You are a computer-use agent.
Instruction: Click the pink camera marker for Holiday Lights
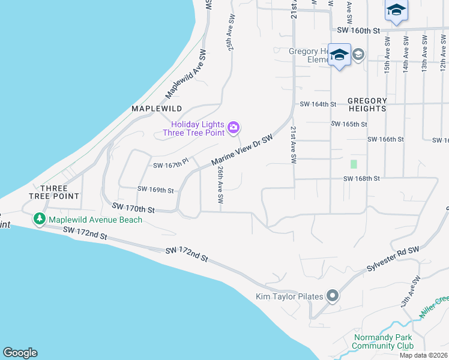click(x=234, y=127)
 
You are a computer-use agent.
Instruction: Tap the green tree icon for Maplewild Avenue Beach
click(x=40, y=220)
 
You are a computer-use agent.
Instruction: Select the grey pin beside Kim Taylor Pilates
click(x=333, y=296)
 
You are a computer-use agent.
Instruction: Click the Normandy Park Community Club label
click(x=383, y=341)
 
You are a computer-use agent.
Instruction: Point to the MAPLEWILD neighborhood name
click(x=157, y=109)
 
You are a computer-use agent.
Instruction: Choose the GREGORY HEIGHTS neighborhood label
click(x=367, y=104)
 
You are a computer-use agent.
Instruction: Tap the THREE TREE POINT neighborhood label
click(x=55, y=191)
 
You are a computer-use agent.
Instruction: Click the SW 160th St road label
click(x=359, y=30)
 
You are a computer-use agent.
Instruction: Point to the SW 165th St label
click(x=349, y=124)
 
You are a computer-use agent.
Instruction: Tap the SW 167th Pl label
click(x=171, y=163)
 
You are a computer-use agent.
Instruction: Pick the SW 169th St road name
click(x=155, y=190)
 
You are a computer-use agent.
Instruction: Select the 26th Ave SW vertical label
click(x=220, y=184)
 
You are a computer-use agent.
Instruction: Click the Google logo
click(x=20, y=353)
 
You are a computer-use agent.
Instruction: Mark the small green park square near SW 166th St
click(x=354, y=163)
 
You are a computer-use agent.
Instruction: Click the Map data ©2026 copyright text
click(x=423, y=355)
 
